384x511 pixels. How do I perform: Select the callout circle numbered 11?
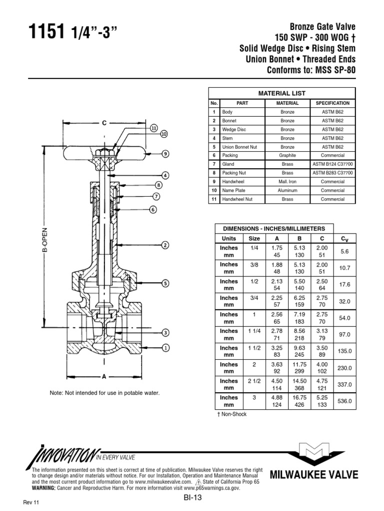tap(153, 128)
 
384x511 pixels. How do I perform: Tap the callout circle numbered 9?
tap(164, 154)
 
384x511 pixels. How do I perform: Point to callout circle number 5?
tap(164, 283)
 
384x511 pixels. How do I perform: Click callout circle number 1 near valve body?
tap(164, 347)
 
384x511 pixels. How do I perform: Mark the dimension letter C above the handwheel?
tap(104, 122)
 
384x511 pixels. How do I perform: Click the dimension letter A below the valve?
tap(104, 377)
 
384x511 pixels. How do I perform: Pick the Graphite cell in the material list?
tap(287, 155)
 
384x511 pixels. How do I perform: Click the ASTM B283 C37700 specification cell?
tap(332, 173)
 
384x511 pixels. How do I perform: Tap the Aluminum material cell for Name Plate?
tap(287, 190)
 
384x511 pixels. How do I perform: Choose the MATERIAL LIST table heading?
tap(281, 93)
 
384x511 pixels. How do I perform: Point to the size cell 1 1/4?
tap(254, 331)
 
